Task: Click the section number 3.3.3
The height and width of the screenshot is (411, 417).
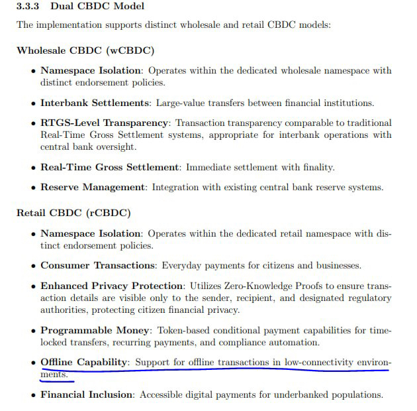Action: (29, 7)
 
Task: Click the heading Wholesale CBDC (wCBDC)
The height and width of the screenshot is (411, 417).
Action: (85, 50)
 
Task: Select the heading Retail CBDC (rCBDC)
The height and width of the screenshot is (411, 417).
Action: (73, 213)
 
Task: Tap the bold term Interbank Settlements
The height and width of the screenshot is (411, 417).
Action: (95, 103)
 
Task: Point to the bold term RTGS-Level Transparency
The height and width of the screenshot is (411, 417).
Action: (105, 123)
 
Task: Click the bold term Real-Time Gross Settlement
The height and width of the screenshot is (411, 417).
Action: (110, 167)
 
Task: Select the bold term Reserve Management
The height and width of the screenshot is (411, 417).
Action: (93, 188)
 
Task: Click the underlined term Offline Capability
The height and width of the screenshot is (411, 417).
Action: (84, 363)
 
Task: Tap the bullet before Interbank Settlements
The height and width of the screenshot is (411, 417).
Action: (34, 103)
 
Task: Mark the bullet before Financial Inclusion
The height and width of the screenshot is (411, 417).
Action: (34, 396)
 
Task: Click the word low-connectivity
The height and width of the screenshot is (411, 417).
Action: (316, 363)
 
